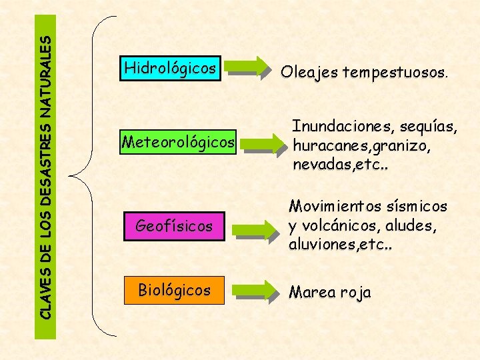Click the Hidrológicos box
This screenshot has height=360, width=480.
pyautogui.click(x=171, y=68)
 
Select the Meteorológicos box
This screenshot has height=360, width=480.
pyautogui.click(x=179, y=142)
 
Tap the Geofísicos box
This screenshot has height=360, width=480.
pyautogui.click(x=174, y=227)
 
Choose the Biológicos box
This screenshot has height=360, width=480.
pyautogui.click(x=174, y=290)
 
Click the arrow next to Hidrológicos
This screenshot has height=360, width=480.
pyautogui.click(x=247, y=66)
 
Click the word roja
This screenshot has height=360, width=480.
pyautogui.click(x=357, y=293)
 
